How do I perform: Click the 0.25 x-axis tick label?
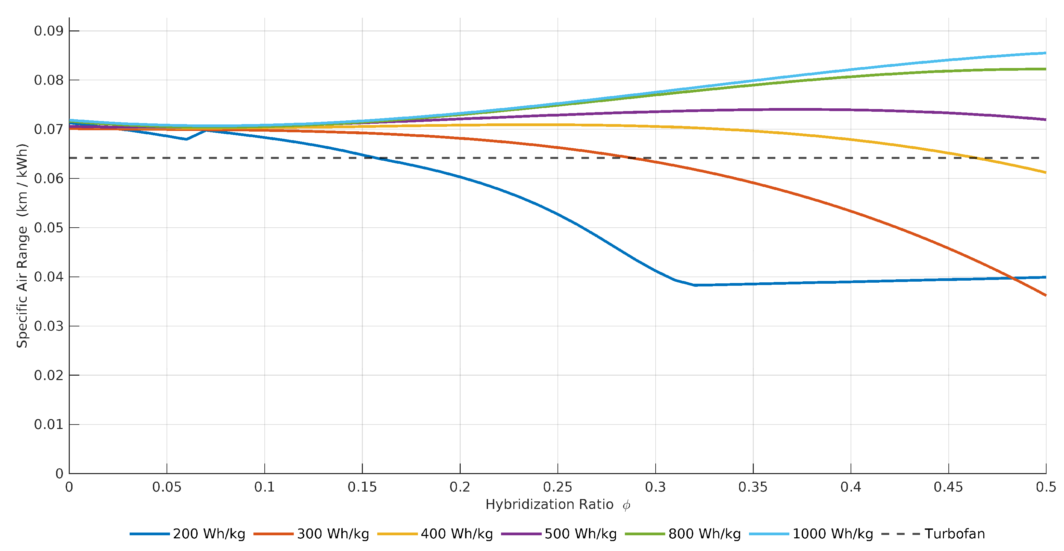[557, 487]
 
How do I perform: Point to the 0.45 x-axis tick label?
[948, 487]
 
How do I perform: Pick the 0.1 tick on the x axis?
[264, 487]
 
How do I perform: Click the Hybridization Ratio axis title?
[549, 505]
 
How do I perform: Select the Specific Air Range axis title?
[22, 245]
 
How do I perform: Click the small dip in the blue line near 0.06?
[186, 139]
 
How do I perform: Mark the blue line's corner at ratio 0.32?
[696, 285]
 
